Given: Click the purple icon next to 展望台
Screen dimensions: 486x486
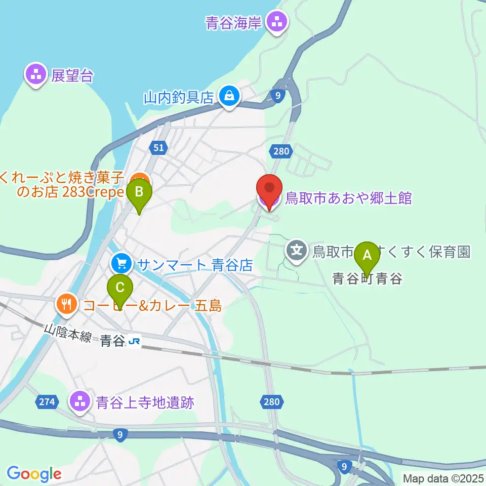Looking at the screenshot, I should [36, 75].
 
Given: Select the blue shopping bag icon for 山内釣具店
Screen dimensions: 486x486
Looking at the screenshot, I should [229, 96].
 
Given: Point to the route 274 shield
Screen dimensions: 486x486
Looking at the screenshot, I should [46, 402].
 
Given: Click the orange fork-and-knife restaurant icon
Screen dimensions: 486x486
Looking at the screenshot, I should [66, 304].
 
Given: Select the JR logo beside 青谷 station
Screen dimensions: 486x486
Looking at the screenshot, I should [134, 342].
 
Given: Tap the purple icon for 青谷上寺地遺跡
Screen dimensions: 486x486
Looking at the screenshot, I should [79, 402].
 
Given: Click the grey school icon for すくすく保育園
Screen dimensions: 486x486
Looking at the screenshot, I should [296, 250].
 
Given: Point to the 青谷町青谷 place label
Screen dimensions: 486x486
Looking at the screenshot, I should [367, 278].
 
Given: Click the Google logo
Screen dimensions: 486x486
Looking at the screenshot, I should [33, 474].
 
